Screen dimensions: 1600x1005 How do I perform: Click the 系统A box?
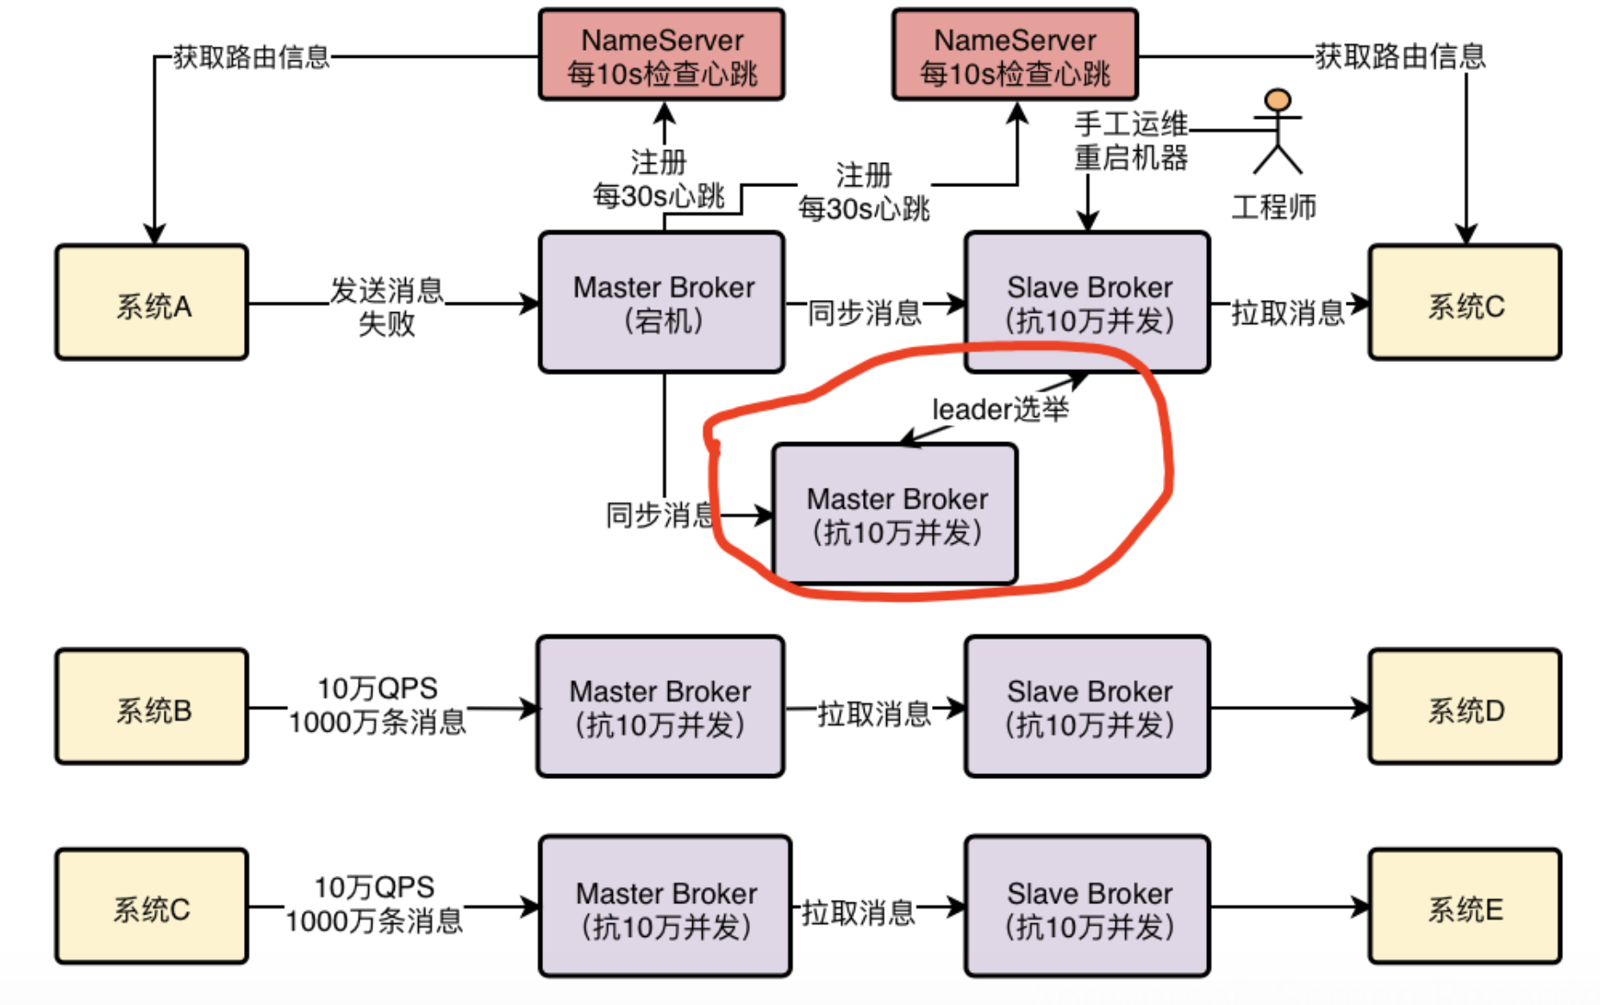click(x=152, y=303)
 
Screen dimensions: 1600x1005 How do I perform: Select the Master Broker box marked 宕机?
click(x=662, y=302)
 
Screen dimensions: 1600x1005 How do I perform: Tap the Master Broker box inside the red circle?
click(x=896, y=515)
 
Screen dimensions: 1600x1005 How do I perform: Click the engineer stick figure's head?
click(x=1278, y=100)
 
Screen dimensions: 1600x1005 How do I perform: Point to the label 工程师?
click(x=1274, y=207)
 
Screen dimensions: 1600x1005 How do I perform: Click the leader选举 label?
click(x=1000, y=409)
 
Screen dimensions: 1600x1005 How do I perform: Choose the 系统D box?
click(x=1466, y=707)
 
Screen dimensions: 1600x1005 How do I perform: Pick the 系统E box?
click(x=1466, y=906)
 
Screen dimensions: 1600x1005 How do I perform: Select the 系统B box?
click(x=152, y=707)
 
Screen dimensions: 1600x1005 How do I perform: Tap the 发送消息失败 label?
click(x=387, y=307)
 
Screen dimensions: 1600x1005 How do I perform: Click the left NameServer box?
click(x=662, y=55)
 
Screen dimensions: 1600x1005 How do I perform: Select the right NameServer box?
click(x=1016, y=55)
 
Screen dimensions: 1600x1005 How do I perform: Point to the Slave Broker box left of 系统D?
click(x=1088, y=707)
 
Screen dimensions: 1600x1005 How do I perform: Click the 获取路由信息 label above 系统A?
click(x=252, y=57)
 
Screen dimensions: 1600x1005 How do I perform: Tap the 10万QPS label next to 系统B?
click(x=378, y=688)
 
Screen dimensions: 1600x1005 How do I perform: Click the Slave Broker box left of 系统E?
click(x=1088, y=906)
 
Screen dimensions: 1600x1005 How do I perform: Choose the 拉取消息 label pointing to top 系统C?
click(x=1288, y=312)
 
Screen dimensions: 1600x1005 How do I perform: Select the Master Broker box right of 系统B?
click(x=660, y=707)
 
